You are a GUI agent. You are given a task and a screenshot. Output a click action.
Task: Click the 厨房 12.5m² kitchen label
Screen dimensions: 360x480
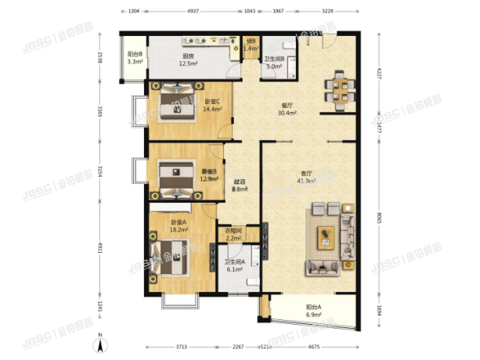(188, 60)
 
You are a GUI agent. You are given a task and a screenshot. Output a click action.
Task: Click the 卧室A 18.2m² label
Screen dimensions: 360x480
(180, 227)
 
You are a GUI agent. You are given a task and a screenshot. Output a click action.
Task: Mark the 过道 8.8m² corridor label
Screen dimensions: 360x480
(240, 185)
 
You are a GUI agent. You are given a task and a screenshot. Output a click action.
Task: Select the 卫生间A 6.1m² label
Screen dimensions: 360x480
(236, 265)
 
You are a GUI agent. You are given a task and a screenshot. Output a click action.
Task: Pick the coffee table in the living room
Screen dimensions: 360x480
(325, 236)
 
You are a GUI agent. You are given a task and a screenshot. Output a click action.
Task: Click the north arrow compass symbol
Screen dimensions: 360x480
(100, 343)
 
